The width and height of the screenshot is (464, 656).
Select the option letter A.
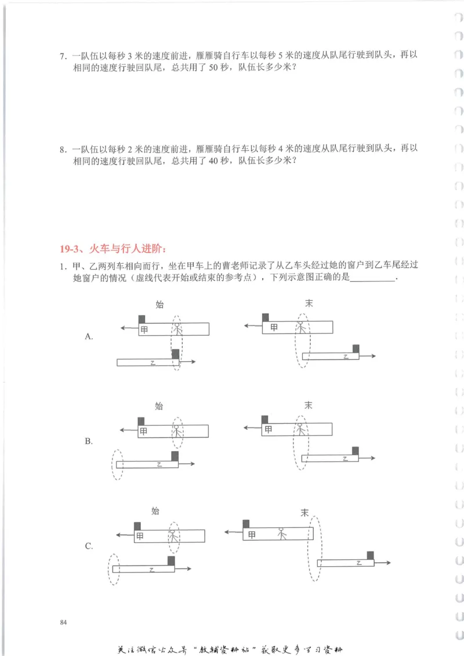click(89, 336)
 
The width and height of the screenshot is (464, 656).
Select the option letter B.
click(89, 441)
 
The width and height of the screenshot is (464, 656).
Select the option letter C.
click(89, 546)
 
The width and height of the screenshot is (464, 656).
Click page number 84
click(63, 622)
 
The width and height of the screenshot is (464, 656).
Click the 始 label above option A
click(159, 303)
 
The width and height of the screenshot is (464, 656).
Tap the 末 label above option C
click(304, 512)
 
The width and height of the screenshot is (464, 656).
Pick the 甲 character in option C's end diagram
click(251, 535)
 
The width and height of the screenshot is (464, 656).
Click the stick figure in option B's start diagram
click(178, 431)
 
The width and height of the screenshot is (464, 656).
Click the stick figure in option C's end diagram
click(281, 533)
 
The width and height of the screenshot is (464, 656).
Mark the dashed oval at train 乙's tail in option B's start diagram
click(117, 464)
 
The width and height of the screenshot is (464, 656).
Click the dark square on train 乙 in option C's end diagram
click(370, 555)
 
